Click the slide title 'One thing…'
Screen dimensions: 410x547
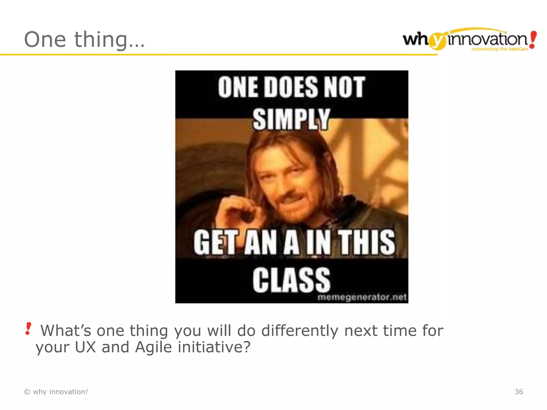coord(84,40)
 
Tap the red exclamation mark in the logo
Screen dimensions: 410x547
coord(533,40)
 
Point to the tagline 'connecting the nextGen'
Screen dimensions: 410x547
coord(499,49)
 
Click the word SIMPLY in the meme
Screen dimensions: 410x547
coord(291,119)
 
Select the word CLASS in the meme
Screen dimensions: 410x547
coord(291,280)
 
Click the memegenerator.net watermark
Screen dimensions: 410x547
coord(362,297)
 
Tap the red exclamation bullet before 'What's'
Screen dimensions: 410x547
coord(28,329)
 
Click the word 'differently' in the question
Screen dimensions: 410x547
coord(300,331)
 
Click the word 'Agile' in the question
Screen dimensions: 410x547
coord(153,347)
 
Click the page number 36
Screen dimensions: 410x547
coord(518,392)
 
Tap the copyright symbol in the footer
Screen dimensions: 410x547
coord(27,392)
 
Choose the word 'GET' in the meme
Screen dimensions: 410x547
coord(215,242)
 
